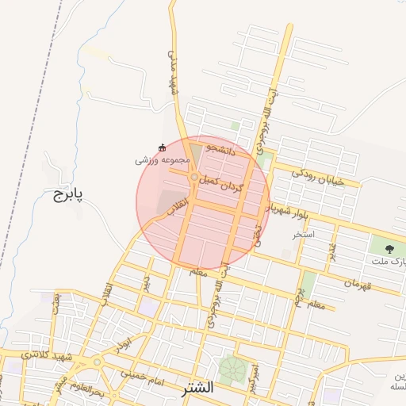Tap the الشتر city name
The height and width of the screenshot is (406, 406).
[197, 388]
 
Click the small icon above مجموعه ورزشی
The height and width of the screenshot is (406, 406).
[163, 147]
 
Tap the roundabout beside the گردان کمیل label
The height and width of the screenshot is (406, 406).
[194, 177]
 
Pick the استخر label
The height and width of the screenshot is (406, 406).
[304, 235]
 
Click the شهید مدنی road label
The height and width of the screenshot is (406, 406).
[171, 71]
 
